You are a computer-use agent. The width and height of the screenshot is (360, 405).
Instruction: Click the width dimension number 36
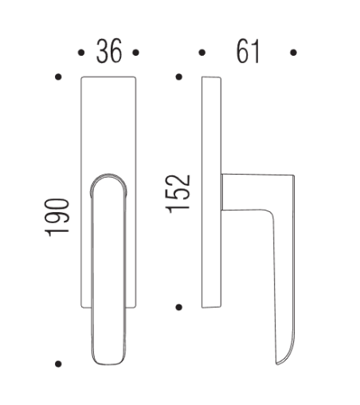pyautogui.click(x=108, y=53)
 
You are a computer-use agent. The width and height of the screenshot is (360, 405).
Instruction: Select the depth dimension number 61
pyautogui.click(x=248, y=53)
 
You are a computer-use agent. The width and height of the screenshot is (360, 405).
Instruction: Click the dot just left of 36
pyautogui.click(x=81, y=53)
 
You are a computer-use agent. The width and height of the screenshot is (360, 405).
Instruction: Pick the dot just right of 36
pyautogui.click(x=136, y=53)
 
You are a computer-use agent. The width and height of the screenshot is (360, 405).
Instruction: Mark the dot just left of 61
pyautogui.click(x=202, y=53)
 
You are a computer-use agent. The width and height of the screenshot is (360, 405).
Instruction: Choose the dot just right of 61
pyautogui.click(x=294, y=53)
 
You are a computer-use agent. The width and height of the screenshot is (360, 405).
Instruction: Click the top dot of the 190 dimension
pyautogui.click(x=57, y=77)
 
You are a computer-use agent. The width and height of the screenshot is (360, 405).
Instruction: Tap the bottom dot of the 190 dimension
pyautogui.click(x=57, y=364)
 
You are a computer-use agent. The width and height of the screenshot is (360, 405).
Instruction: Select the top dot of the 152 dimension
pyautogui.click(x=178, y=77)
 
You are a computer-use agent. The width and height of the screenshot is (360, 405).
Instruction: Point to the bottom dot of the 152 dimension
pyautogui.click(x=178, y=306)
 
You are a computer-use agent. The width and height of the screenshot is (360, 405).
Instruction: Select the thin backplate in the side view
pyautogui.click(x=210, y=191)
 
